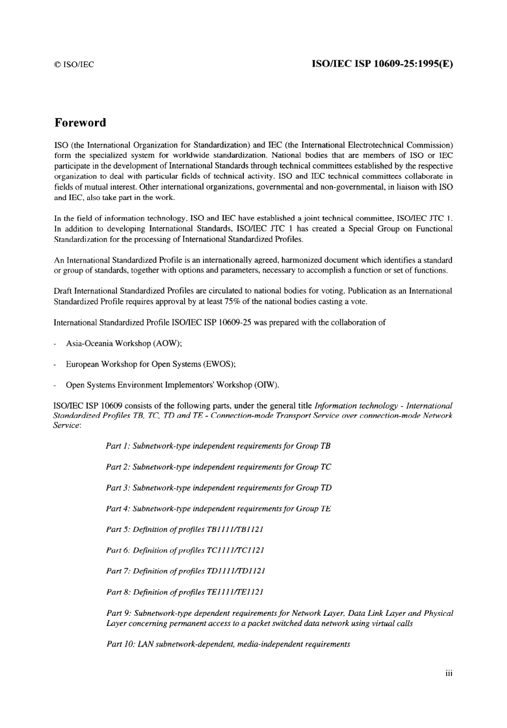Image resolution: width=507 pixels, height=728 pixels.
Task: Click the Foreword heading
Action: coord(80,123)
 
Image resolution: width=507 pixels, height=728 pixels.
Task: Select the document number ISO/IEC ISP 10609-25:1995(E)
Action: coord(382,64)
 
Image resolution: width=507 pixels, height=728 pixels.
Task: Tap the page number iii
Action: coord(448,674)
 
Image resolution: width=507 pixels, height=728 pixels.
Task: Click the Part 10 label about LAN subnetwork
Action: coord(121,644)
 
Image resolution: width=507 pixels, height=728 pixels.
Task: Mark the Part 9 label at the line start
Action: coord(118,613)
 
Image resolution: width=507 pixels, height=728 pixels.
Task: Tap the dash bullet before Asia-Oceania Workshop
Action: coord(56,344)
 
